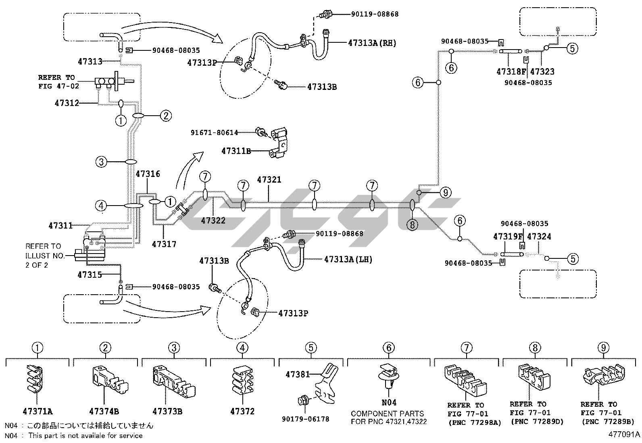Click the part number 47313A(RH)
372,43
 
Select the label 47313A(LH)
348,259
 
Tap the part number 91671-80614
215,133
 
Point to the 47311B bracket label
236,151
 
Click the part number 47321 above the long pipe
269,180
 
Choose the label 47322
213,220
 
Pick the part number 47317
164,244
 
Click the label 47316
148,174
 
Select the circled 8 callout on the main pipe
413,225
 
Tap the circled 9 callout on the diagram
445,193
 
